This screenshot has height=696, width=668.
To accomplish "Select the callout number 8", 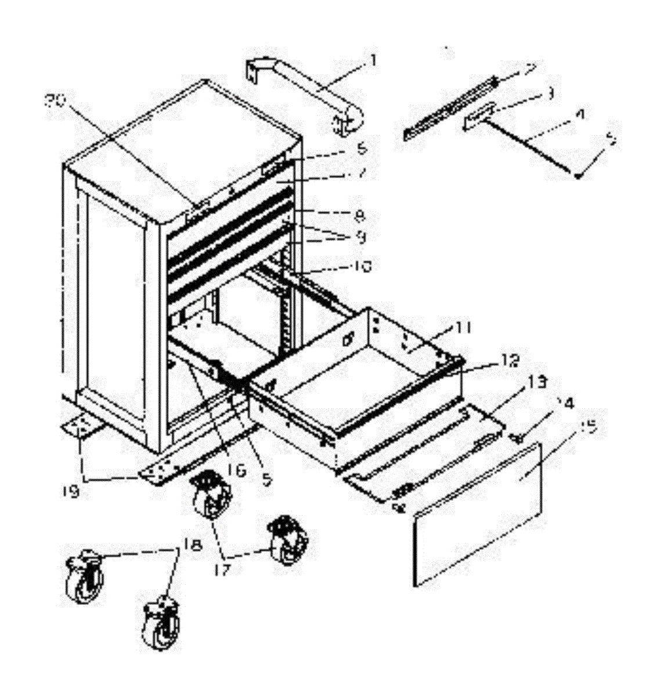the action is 360,216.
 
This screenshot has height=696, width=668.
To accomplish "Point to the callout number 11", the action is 463,328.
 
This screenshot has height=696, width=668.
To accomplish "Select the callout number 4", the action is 578,115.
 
